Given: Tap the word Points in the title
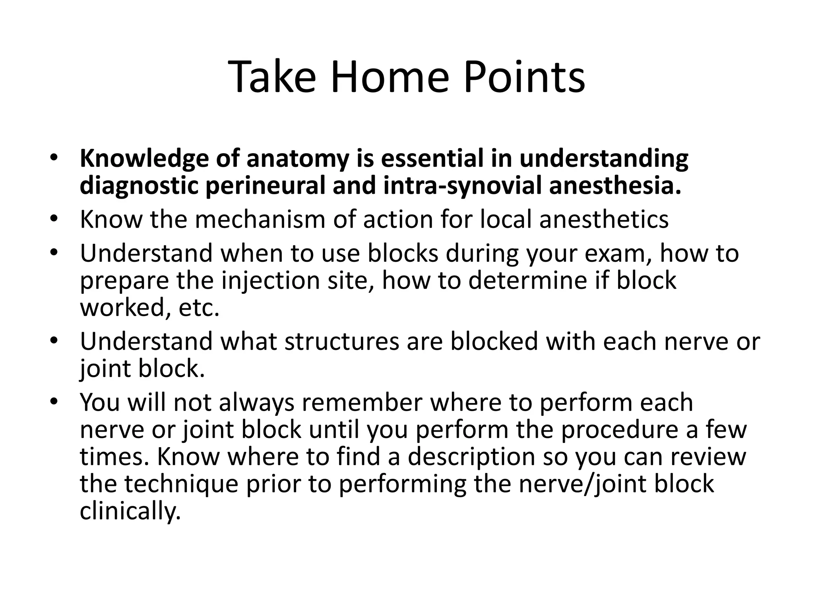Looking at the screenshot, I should tap(524, 77).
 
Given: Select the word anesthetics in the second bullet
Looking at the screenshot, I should tap(604, 219).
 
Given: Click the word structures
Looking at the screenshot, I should tap(341, 342).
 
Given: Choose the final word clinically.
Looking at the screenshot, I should tap(130, 511).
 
